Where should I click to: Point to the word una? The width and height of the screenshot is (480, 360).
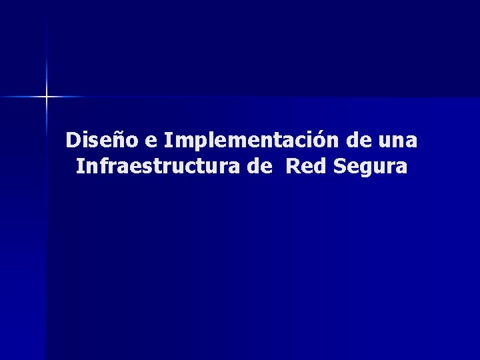pyautogui.click(x=401, y=142)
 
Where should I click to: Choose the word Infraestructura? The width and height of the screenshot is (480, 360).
pyautogui.click(x=159, y=166)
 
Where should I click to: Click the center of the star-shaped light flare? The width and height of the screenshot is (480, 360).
pyautogui.click(x=47, y=97)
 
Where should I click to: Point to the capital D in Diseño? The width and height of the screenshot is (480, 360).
pyautogui.click(x=73, y=141)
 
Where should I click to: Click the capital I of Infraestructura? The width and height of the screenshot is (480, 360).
pyautogui.click(x=80, y=166)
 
